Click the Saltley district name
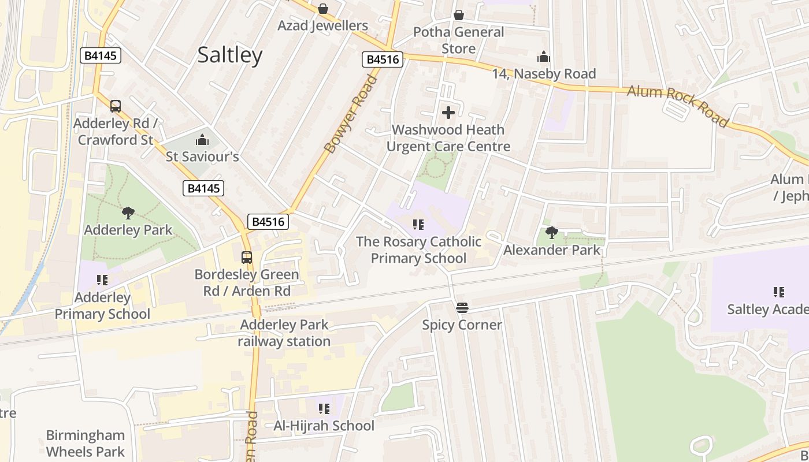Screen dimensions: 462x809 (x=230, y=55)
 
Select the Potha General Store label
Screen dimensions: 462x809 (x=458, y=40)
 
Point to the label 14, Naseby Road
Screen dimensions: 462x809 (x=544, y=74)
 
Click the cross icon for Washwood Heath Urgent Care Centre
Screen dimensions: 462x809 (x=448, y=113)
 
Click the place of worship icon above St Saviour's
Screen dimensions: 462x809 (x=202, y=140)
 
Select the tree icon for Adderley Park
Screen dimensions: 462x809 (x=128, y=213)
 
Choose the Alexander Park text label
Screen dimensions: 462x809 (x=552, y=250)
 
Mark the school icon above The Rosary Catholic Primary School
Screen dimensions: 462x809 (x=418, y=224)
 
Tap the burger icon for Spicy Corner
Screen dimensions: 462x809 (x=462, y=308)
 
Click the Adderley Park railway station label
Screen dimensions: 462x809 (x=284, y=333)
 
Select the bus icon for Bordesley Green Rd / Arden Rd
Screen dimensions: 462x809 (x=247, y=258)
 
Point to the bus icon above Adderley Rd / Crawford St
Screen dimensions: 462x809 (x=116, y=106)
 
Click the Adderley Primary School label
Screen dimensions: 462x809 (x=102, y=305)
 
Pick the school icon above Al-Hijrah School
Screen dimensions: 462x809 (x=324, y=409)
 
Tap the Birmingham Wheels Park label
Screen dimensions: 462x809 (x=86, y=443)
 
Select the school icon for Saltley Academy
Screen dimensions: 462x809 (x=778, y=292)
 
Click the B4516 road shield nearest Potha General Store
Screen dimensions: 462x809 (x=383, y=59)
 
